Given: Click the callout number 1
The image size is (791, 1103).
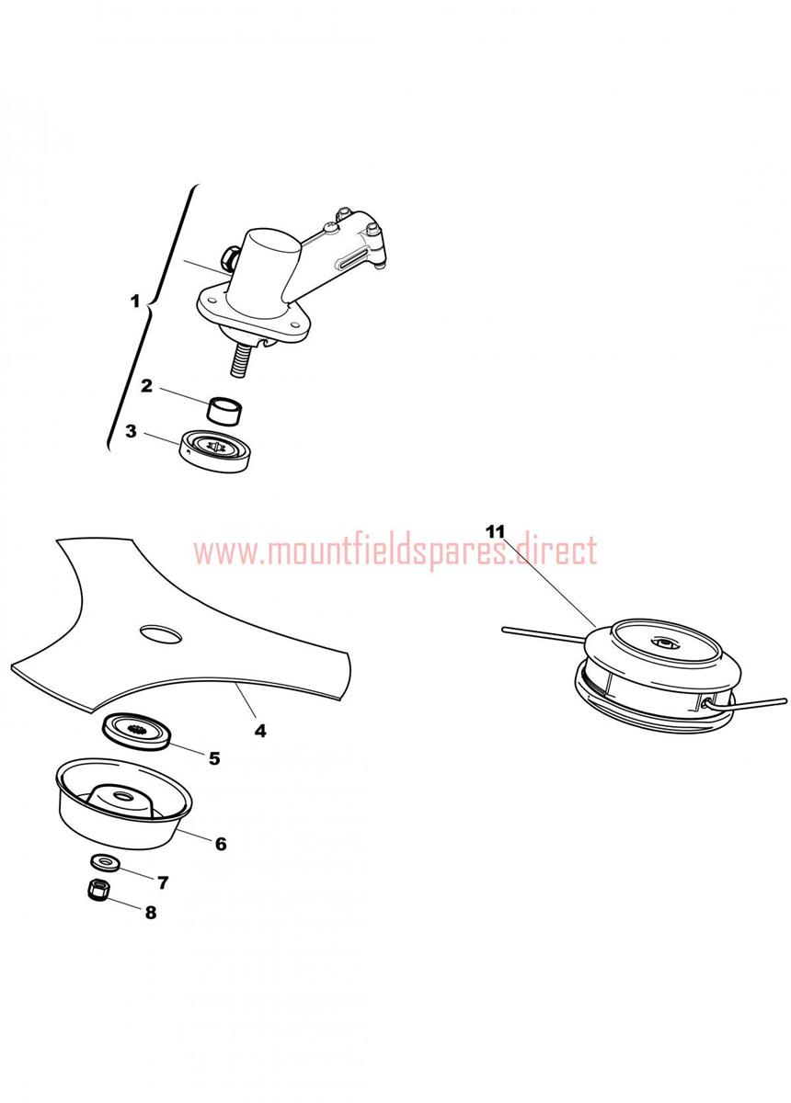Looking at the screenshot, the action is coord(135,301).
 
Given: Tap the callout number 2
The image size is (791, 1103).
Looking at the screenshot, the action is coord(146,386).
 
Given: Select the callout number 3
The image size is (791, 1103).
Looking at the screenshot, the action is coord(131,431).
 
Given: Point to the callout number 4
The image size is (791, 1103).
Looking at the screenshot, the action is coord(260,731).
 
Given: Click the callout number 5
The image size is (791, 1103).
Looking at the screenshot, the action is coord(214,773).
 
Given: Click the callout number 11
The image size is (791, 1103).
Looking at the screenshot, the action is coord(496,532).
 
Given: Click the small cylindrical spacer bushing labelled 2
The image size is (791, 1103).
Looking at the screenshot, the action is coord(226,410).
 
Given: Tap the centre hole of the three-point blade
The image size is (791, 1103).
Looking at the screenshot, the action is coord(161,633).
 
